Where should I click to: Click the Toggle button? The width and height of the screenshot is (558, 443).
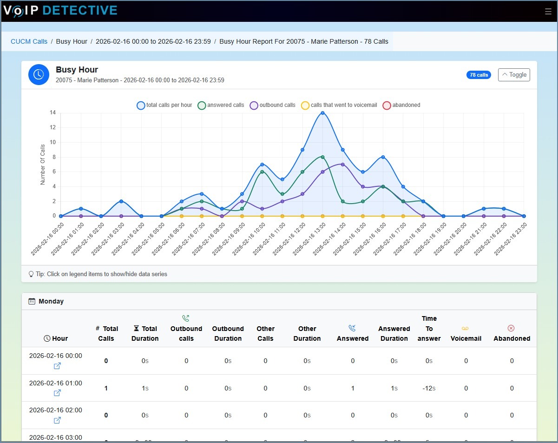click(514, 75)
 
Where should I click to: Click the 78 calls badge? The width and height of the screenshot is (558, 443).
click(479, 75)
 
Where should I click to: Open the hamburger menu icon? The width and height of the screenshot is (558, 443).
click(548, 12)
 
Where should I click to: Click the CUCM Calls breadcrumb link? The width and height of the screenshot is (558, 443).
click(29, 41)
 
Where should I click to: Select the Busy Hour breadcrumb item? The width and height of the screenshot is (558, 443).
click(72, 41)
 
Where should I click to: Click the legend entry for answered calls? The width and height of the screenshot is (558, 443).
click(221, 106)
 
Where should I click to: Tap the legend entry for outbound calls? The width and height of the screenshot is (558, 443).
click(273, 106)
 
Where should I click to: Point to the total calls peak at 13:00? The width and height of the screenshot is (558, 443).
click(322, 113)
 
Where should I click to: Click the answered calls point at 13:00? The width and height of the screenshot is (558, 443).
click(322, 157)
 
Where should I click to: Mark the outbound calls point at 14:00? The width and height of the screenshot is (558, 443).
click(342, 165)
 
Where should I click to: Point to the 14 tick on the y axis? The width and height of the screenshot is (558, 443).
click(53, 112)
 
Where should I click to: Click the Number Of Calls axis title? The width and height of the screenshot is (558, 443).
click(43, 165)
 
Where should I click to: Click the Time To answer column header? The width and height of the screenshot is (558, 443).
click(429, 328)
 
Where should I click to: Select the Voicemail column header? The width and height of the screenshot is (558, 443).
click(466, 334)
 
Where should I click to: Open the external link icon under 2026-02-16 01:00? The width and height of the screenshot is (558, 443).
click(57, 393)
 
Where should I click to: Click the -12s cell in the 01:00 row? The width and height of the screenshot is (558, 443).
click(429, 388)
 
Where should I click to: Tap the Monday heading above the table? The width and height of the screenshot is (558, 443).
click(51, 301)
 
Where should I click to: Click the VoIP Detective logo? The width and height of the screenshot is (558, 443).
click(60, 10)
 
